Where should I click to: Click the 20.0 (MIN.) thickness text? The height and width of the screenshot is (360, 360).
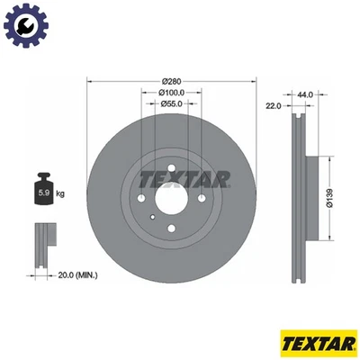[78, 274]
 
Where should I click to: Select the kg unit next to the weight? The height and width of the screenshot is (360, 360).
[60, 193]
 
